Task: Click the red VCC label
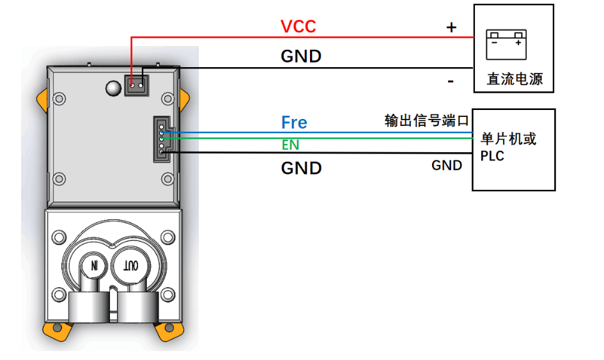pos(298,26)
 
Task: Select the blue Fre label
pos(294,122)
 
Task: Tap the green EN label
pos(290,145)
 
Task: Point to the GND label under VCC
pos(301,56)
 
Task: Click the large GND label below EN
pos(301,168)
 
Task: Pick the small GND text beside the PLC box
pos(447,166)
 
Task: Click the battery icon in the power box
pos(506,44)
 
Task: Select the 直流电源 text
pos(515,79)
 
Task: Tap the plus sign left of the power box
pos(451,27)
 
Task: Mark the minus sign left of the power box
pos(451,81)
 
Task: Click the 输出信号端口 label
pos(426,120)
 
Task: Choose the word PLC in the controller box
pos(492,156)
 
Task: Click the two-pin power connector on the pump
pos(136,84)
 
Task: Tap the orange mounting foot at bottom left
pos(56,330)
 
